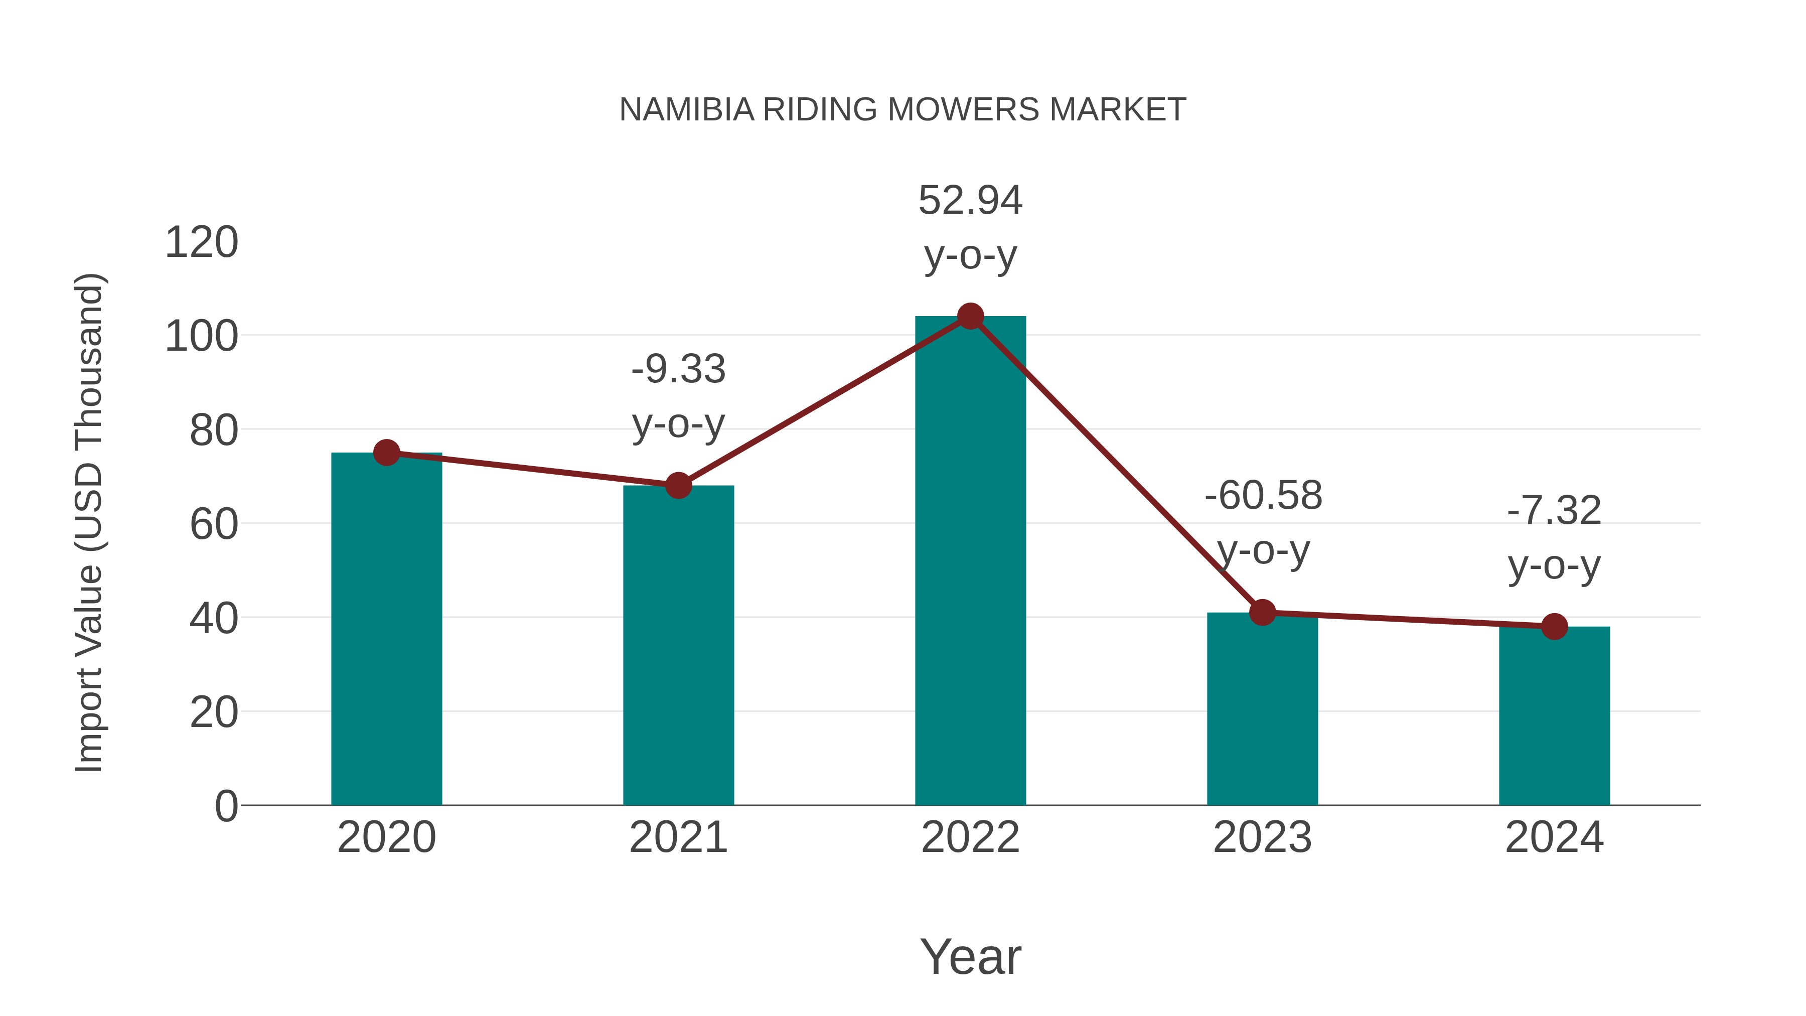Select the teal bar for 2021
tap(678, 645)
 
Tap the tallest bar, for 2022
tap(970, 561)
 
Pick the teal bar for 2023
tap(1262, 708)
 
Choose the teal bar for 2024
tap(1554, 715)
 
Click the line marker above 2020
tap(386, 453)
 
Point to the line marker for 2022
tap(970, 317)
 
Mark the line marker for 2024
tap(1554, 627)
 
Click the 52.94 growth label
tap(970, 201)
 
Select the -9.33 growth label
tap(678, 369)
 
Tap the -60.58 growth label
tap(1263, 496)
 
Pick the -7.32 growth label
tap(1554, 510)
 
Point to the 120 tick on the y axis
tap(201, 243)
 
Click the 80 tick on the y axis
tap(213, 430)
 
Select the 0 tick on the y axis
tap(226, 806)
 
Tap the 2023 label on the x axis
tap(1262, 837)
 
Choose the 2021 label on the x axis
tap(678, 837)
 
